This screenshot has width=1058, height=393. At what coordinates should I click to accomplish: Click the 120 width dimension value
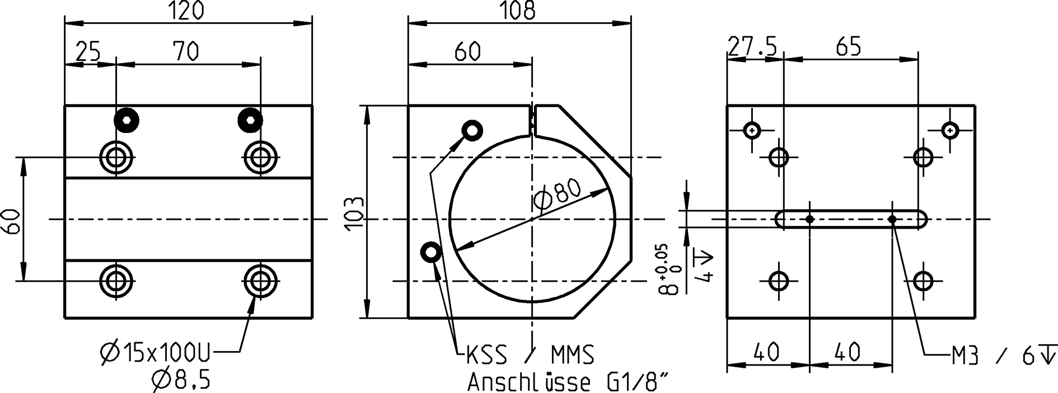click(x=187, y=11)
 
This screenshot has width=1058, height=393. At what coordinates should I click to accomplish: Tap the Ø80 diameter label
click(x=558, y=195)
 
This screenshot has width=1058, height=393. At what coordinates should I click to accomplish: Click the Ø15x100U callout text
click(x=155, y=353)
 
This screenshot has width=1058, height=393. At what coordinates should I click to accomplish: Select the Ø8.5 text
click(x=181, y=381)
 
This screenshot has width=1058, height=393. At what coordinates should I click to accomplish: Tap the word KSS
click(x=486, y=355)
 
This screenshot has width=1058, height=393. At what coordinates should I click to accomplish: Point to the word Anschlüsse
click(x=528, y=383)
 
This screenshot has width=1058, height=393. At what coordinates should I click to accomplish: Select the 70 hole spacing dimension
click(x=186, y=51)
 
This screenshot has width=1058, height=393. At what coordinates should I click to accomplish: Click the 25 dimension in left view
click(x=88, y=51)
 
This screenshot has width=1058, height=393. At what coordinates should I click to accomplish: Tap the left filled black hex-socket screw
click(x=127, y=120)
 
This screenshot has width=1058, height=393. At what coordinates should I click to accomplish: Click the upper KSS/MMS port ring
click(x=472, y=131)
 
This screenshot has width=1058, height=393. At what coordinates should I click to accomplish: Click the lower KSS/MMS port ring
click(x=431, y=253)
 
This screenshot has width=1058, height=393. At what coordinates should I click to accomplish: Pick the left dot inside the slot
click(x=809, y=219)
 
